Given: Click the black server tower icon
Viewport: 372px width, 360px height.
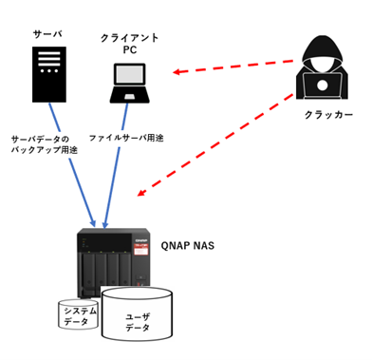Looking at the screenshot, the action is coord(49,74).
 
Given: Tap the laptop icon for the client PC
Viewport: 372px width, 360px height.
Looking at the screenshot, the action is coord(130,84).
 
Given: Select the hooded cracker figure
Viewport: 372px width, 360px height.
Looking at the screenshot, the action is coord(322,67).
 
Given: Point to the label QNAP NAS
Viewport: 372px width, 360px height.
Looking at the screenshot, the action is coord(188,246).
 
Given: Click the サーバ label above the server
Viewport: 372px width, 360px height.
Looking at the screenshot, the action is coord(47,34).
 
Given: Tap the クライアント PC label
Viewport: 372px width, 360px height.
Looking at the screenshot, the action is coord(130,44).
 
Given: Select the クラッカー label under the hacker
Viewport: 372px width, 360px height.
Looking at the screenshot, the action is coord(328,115).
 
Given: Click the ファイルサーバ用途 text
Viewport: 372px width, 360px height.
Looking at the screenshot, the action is coord(126,138).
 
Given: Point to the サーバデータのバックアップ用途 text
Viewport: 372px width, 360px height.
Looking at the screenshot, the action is coord(45,144).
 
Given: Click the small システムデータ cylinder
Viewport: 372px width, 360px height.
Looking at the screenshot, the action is coord(79,314).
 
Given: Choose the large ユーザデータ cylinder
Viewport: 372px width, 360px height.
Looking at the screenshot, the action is coord(137,313).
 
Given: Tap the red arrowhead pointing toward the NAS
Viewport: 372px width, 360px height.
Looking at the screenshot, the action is coord(141,192).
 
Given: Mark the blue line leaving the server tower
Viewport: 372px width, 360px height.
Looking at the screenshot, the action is coord(72,164).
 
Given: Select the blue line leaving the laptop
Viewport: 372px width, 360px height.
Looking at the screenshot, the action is coord(116,165).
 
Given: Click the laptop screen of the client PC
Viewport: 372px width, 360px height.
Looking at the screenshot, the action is coord(130,75).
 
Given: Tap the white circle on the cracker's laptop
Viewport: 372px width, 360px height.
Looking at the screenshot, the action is coord(322,85).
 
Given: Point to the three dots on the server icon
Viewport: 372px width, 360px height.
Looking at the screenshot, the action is coord(49,71).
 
